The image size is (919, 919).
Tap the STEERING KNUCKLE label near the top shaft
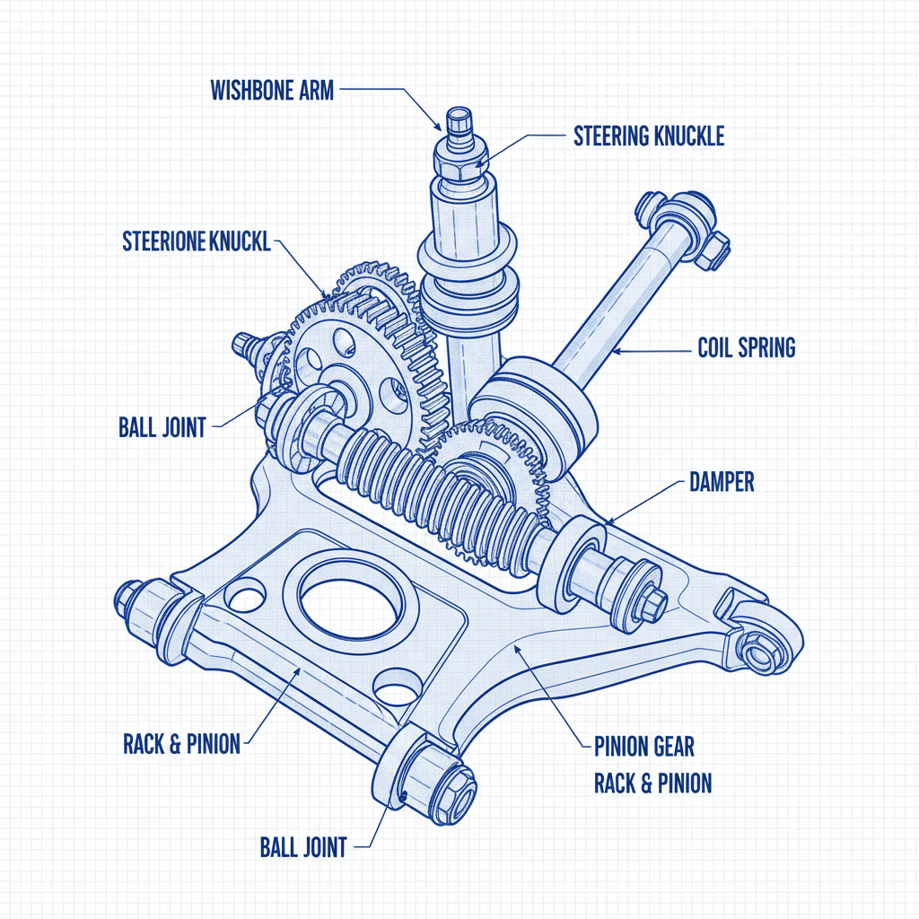648,136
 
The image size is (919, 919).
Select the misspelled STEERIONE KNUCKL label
196,242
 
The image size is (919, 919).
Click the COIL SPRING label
746,348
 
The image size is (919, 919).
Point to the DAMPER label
722,483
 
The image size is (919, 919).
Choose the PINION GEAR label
643,746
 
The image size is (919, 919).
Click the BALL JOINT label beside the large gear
162,426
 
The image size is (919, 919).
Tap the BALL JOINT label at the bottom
302,846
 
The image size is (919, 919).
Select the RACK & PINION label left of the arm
181,743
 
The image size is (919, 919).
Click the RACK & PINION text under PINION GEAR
652,783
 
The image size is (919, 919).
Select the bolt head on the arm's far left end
127,596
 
